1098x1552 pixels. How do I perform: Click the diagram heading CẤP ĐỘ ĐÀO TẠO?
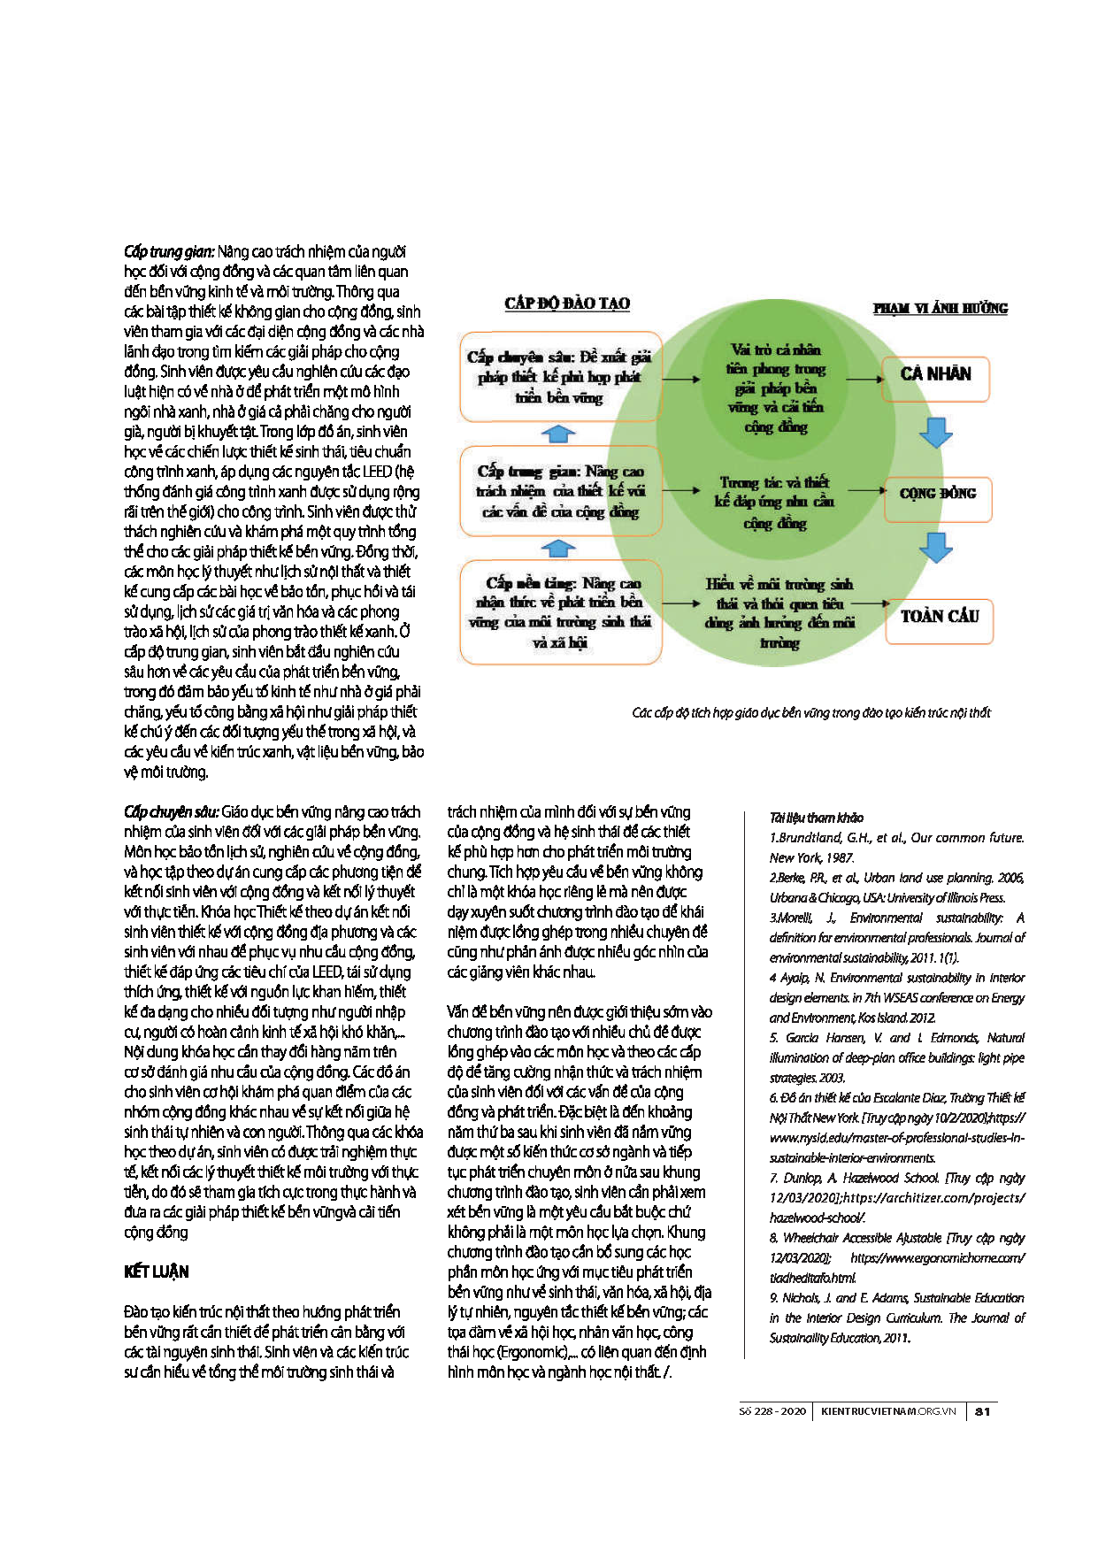coord(567,303)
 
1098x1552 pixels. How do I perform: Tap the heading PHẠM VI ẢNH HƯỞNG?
coord(940,308)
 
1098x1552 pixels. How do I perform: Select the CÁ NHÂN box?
coord(936,375)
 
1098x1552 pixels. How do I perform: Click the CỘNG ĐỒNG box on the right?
coord(938,494)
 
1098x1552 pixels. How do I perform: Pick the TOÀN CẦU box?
coord(940,617)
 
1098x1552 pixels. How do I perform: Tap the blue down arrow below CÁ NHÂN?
coord(935,433)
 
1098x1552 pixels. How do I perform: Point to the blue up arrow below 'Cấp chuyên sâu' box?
coord(557,434)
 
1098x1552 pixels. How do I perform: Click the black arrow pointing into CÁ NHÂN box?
coord(864,379)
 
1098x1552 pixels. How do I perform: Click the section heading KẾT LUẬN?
coord(157,1272)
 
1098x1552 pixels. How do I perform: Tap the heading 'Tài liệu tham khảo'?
coord(816,818)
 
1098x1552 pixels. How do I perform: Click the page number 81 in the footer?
coord(982,1411)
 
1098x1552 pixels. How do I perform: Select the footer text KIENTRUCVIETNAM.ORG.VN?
coord(888,1411)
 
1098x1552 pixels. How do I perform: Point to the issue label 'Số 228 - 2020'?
coord(772,1411)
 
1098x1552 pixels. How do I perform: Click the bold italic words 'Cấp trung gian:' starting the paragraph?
coord(169,252)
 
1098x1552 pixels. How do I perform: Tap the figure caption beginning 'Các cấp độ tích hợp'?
coord(810,712)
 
